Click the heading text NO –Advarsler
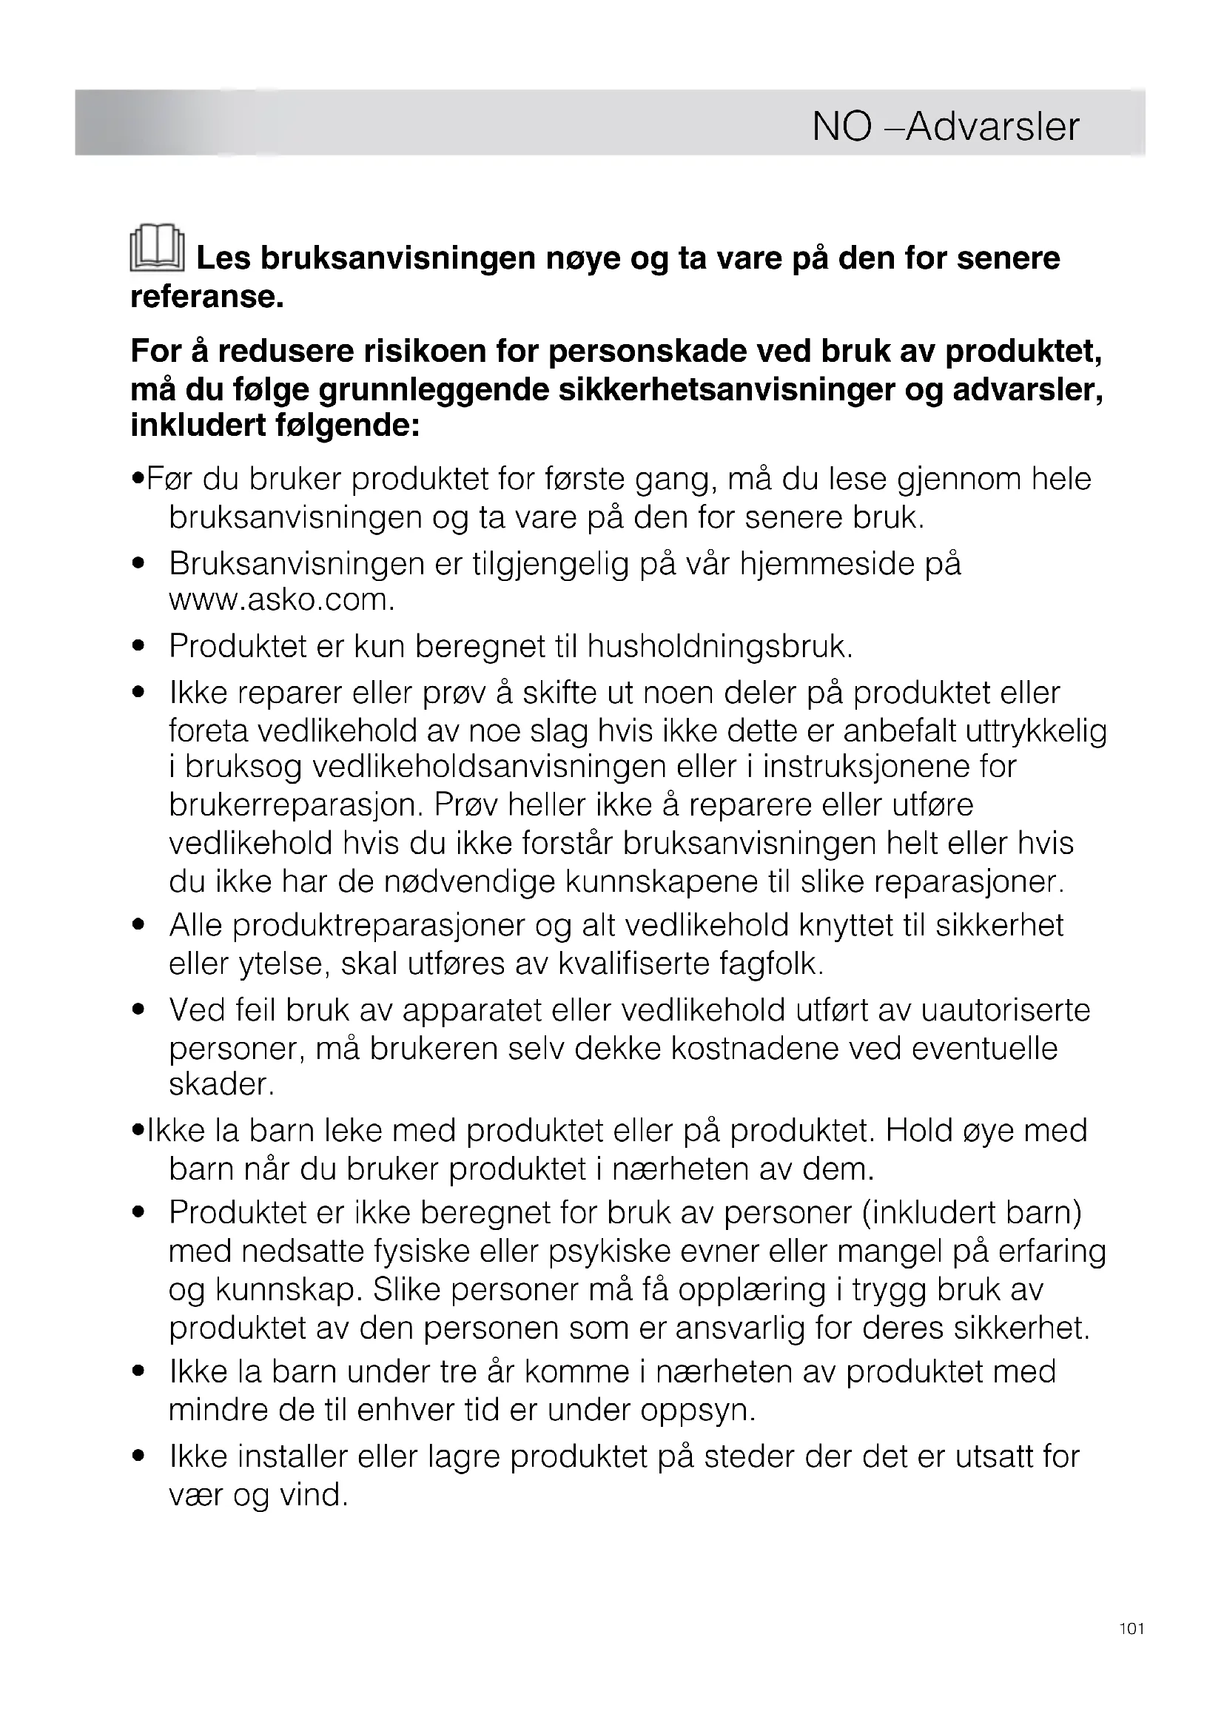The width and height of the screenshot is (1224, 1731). coord(945,127)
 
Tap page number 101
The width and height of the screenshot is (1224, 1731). coord(1131,1650)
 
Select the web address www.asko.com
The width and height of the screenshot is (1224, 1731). coord(282,601)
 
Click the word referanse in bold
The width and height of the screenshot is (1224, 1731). coord(206,296)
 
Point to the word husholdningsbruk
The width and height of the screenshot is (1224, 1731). coord(719,647)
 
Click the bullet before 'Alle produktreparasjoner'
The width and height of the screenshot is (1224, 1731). coord(137,926)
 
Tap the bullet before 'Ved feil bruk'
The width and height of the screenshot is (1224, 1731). coord(137,1010)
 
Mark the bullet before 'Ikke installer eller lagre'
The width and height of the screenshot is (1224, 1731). coord(137,1457)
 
